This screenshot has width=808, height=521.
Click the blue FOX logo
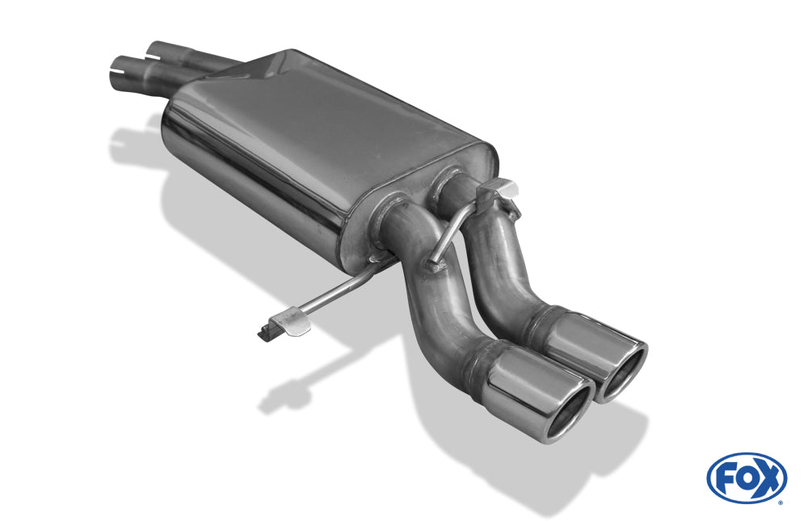click(x=747, y=477)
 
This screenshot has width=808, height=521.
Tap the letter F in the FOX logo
click(x=727, y=477)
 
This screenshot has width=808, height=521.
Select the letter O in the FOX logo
click(x=747, y=477)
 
